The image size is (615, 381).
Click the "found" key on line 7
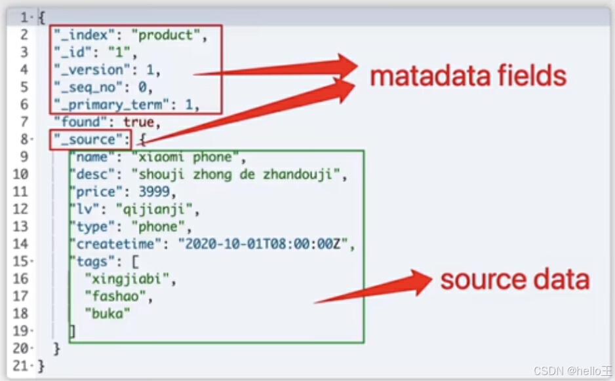click(78, 122)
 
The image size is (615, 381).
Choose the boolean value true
click(138, 122)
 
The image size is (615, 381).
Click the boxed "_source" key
click(90, 139)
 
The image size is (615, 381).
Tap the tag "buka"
click(107, 314)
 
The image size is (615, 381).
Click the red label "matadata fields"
click(467, 77)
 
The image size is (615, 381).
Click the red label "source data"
click(515, 280)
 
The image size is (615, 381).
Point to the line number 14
click(20, 245)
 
